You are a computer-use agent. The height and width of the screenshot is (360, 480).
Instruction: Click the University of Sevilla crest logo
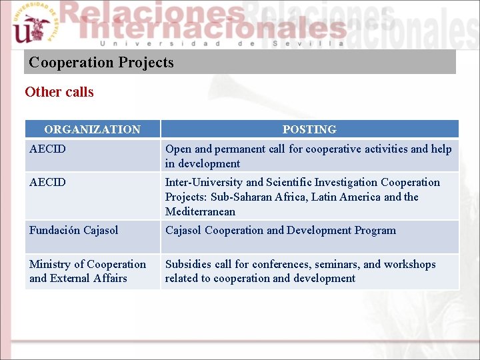[31, 24]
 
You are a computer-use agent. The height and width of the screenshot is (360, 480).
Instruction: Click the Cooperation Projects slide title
[101, 63]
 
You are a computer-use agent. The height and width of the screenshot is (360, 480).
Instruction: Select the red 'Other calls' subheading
[59, 92]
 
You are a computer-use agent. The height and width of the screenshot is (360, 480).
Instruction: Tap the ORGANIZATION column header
[92, 129]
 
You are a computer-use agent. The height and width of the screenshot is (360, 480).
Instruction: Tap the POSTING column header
[309, 129]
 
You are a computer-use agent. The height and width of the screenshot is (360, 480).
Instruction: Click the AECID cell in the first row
[47, 149]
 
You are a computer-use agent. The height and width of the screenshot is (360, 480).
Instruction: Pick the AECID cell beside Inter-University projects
[47, 182]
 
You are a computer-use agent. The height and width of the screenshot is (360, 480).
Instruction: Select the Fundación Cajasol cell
[73, 230]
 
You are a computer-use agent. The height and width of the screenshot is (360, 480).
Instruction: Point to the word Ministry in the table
[50, 264]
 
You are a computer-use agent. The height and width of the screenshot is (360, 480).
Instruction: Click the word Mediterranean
[200, 211]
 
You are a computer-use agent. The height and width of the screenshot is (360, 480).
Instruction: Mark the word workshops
[408, 264]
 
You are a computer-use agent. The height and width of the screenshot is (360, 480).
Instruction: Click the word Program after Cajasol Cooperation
[375, 230]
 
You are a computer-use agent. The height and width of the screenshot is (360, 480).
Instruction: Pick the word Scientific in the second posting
[289, 182]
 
